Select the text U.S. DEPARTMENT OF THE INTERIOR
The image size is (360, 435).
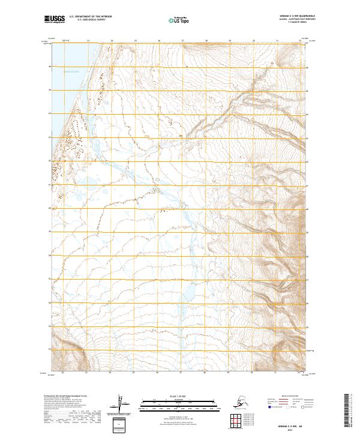pyautogui.click(x=89, y=18)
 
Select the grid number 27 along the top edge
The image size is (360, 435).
pyautogui.click(x=182, y=41)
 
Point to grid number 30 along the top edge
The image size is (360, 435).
pyautogui.click(x=253, y=41)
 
